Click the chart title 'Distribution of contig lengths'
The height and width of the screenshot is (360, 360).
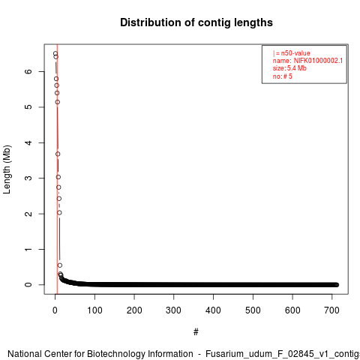pos(196,22)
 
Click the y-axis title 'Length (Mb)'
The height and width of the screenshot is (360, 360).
pos(7,169)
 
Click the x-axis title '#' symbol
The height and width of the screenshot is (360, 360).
pos(196,332)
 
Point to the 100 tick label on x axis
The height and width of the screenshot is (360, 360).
pos(94,310)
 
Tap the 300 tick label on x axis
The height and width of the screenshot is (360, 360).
pos(174,310)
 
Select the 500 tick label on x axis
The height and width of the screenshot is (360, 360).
pos(253,310)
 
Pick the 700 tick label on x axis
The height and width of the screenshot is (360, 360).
pos(332,310)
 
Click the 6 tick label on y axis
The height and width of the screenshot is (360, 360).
pos(28,71)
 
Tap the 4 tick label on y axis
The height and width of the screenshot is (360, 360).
pos(28,142)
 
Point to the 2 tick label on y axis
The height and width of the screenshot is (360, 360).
pos(28,214)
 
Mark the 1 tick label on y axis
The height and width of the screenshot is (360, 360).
pos(28,249)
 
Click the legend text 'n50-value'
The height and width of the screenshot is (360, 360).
pos(295,53)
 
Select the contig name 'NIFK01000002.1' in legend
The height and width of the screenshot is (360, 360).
pos(318,61)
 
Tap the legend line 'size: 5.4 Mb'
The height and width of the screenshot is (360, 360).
pos(289,68)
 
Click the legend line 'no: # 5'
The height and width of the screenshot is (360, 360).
pos(282,76)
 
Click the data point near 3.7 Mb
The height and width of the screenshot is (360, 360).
pos(58,154)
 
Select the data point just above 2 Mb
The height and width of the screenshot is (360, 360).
pos(59,213)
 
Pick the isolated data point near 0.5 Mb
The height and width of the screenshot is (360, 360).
pos(60,265)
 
